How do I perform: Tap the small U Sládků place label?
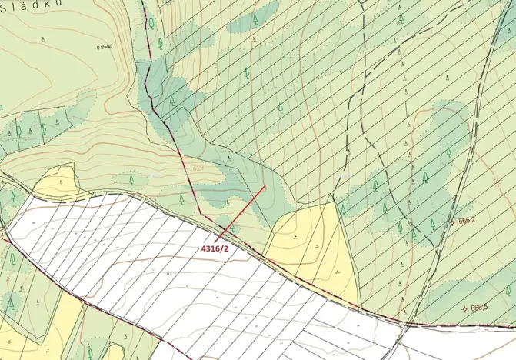[x=105, y=47]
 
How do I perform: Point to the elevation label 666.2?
[x=468, y=220]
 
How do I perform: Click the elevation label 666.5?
[x=480, y=308]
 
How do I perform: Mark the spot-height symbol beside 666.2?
[x=453, y=223]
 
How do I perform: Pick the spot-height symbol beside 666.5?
[x=464, y=309]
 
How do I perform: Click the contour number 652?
[x=198, y=167]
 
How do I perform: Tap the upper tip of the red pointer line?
[x=265, y=185]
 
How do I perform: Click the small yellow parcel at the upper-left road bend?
[x=55, y=182]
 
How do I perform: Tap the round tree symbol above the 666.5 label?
[x=508, y=290]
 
